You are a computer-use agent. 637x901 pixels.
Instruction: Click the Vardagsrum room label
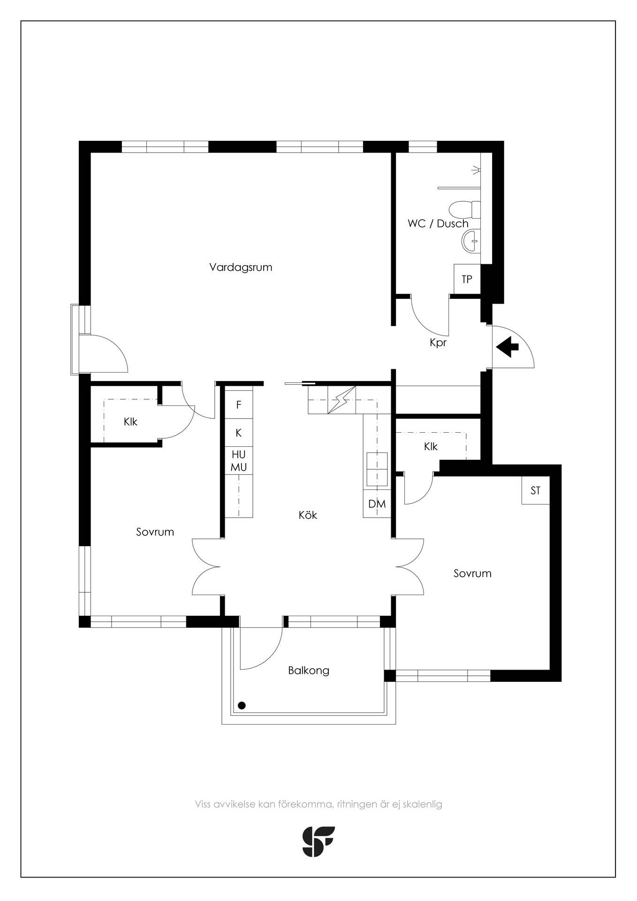[241, 267]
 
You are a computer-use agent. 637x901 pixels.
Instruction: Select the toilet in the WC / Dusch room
[465, 209]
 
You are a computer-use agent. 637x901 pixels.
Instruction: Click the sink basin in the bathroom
[471, 241]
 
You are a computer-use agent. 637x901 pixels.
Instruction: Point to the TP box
[467, 279]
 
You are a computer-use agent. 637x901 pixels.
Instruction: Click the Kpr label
[438, 343]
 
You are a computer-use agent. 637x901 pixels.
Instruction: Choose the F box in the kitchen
[239, 405]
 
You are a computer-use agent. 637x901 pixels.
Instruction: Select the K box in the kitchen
[239, 433]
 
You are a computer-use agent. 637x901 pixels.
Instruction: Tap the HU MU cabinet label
[239, 461]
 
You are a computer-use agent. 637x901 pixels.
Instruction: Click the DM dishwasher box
[377, 504]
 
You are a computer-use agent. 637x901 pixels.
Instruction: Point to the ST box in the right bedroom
[536, 490]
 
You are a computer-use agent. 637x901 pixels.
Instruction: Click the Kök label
[308, 515]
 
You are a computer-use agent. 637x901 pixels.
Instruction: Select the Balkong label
[309, 671]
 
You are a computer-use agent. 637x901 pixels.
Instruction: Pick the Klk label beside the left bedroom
[130, 421]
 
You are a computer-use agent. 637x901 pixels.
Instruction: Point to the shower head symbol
[477, 170]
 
